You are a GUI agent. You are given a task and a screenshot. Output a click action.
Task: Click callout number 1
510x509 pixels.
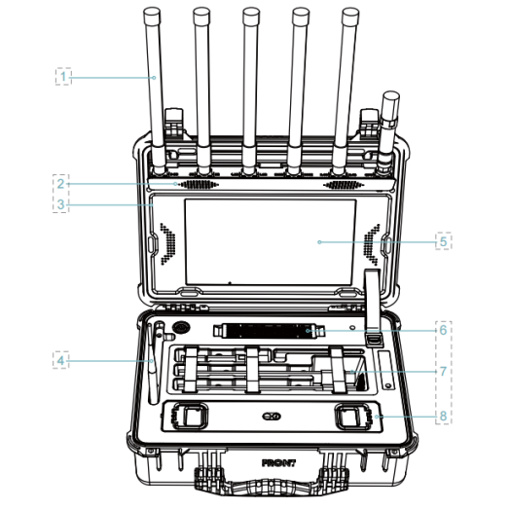[x=63, y=77]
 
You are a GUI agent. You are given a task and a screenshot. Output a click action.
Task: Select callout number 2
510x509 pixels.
[x=60, y=184]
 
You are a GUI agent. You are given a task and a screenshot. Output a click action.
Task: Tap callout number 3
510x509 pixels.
[x=60, y=204]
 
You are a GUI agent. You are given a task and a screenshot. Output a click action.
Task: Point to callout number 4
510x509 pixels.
[x=60, y=360]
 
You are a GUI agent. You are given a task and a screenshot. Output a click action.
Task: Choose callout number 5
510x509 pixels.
[x=443, y=241]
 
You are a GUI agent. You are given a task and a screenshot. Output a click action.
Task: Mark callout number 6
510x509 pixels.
[x=443, y=330]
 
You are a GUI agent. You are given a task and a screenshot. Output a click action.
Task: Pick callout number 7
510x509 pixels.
[x=443, y=371]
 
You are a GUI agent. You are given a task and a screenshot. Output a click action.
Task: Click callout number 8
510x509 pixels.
[x=443, y=416]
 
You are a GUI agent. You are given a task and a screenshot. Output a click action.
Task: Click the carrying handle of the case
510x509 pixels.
[x=272, y=486]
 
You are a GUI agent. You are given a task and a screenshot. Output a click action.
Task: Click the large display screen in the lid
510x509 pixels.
[x=271, y=242]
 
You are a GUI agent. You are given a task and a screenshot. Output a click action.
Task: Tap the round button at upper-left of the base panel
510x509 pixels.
[x=181, y=328]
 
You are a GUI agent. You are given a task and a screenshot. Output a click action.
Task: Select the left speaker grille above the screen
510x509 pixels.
[x=200, y=185]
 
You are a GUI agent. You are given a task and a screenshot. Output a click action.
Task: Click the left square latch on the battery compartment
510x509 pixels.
[x=191, y=416]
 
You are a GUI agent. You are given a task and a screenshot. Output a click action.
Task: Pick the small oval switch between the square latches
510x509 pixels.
[x=272, y=416]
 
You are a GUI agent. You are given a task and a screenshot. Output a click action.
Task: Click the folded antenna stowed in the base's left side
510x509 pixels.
[x=154, y=363]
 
